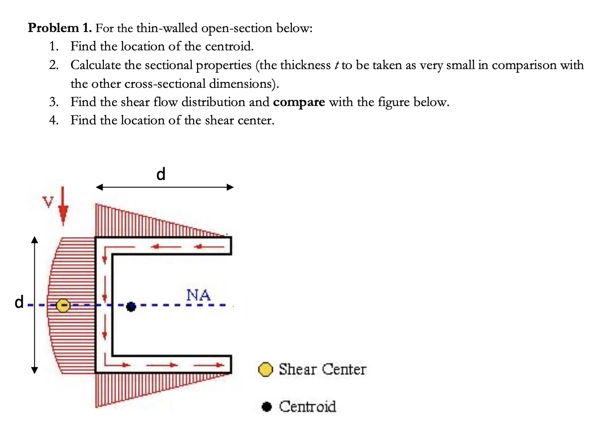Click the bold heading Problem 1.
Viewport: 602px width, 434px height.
(60, 28)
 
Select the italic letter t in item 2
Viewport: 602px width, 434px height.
(335, 66)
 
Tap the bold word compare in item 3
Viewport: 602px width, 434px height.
(299, 102)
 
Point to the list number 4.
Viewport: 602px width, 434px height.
(54, 120)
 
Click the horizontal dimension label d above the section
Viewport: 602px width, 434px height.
(161, 174)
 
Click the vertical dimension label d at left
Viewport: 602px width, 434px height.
(19, 302)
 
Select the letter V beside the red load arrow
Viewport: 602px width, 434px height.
(48, 202)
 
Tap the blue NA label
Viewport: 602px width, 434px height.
(198, 295)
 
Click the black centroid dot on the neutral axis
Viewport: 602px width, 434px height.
(131, 306)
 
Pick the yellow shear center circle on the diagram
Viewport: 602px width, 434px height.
(63, 305)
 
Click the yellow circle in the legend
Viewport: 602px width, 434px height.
(266, 369)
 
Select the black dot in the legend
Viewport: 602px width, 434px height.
(267, 407)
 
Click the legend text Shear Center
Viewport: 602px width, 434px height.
(322, 369)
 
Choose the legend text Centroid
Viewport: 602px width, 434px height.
(307, 407)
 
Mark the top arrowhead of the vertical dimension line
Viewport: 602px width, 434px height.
(35, 240)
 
